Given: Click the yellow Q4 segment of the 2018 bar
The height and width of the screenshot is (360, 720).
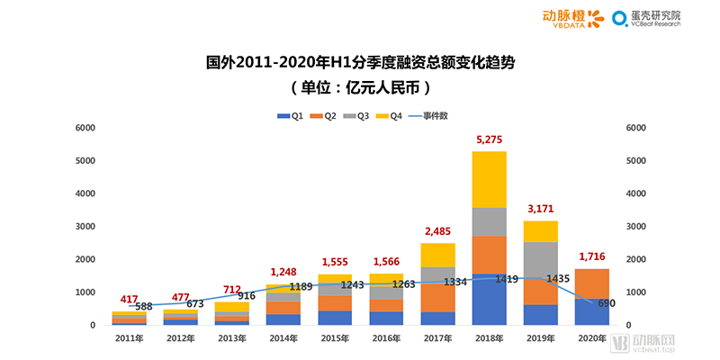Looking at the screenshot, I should click(x=490, y=178).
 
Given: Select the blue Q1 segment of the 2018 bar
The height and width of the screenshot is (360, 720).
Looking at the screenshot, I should click(x=490, y=299).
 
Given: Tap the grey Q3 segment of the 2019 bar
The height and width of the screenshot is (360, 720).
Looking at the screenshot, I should click(x=541, y=261).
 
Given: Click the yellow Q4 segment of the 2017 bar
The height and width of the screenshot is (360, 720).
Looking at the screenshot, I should click(x=437, y=255).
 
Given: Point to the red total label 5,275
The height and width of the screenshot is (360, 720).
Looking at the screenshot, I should click(x=490, y=139).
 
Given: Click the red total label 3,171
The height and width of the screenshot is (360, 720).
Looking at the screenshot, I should click(x=541, y=209).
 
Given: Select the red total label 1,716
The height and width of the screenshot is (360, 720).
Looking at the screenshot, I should click(x=592, y=257).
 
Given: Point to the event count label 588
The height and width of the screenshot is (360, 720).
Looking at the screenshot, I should click(x=144, y=307).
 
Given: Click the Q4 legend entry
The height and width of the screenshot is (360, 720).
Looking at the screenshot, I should click(x=390, y=116).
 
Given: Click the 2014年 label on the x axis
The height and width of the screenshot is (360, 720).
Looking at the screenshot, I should click(x=283, y=337).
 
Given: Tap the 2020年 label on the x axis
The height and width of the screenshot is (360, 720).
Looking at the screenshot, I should click(x=592, y=337).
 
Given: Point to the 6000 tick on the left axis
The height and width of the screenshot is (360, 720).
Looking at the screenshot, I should click(x=85, y=128).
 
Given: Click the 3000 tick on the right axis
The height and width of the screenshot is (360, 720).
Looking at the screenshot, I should click(x=635, y=227).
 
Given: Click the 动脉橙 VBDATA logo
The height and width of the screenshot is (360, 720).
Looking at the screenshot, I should click(x=572, y=18).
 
